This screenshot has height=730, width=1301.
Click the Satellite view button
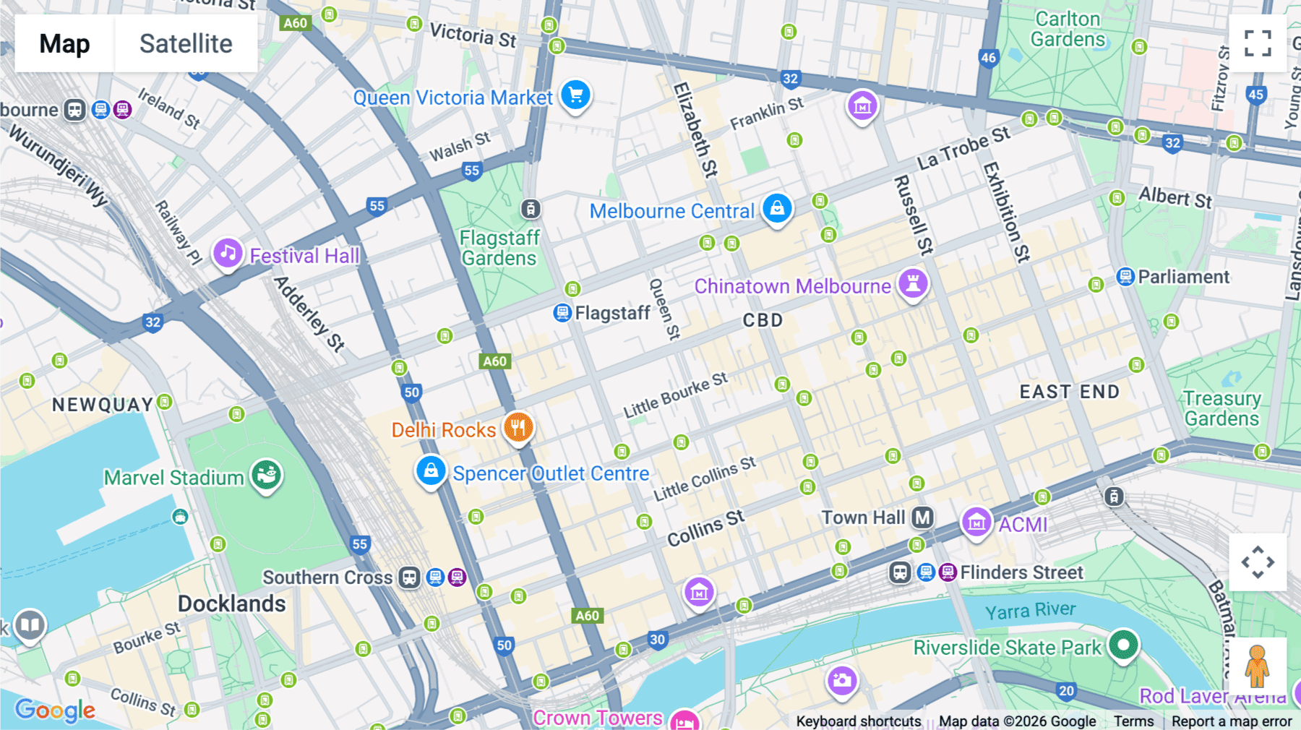[x=186, y=44]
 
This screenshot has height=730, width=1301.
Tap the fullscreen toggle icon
[x=1258, y=43]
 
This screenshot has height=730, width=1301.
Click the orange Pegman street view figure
[x=1257, y=666]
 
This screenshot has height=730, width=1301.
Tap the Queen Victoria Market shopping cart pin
[x=575, y=95]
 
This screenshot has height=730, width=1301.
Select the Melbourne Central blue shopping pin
[x=777, y=209]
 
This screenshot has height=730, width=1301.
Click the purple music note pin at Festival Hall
[x=228, y=254]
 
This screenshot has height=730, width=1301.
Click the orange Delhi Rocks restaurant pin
[x=518, y=428]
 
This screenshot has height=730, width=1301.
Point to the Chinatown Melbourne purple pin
[x=913, y=283]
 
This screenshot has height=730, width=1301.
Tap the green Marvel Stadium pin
[x=267, y=476]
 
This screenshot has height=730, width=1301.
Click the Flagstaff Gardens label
[x=499, y=248]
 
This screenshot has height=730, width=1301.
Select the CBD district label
[x=763, y=320]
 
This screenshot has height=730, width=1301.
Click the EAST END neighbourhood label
[x=1069, y=392]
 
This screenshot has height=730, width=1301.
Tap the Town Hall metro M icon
[x=922, y=518]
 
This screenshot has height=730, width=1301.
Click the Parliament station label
[x=1183, y=277]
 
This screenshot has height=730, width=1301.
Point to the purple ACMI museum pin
[x=976, y=522]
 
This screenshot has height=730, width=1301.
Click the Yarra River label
[x=1030, y=611]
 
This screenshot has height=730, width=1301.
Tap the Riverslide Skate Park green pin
[x=1123, y=644]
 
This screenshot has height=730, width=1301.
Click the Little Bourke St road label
[x=675, y=395]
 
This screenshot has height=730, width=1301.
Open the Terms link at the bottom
[x=1133, y=721]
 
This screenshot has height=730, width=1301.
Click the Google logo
[x=55, y=710]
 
